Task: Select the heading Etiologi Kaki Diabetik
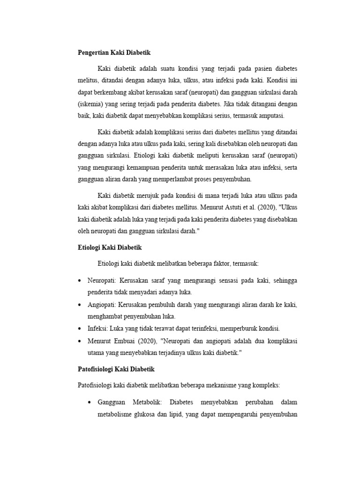(109, 247)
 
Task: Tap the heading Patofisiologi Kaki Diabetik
(116, 369)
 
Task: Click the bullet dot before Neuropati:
(80, 280)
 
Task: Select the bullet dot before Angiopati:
(80, 305)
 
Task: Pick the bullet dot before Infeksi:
(80, 329)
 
